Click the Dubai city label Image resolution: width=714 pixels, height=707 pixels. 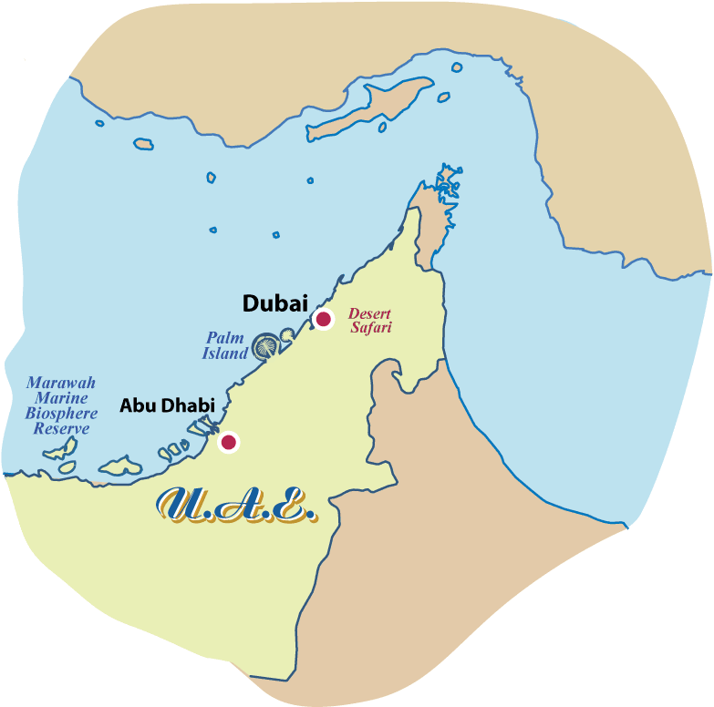[275, 303]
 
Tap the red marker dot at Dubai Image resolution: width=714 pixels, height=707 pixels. [323, 319]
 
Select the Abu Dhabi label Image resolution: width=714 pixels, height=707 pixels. [167, 405]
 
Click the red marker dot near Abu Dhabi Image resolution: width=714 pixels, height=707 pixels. [229, 442]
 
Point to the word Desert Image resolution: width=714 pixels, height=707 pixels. [369, 314]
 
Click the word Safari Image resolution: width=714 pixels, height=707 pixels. [371, 328]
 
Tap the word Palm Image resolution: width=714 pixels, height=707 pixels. [224, 337]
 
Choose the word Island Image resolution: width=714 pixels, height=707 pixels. [224, 353]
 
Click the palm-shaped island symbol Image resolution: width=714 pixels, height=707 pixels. [266, 345]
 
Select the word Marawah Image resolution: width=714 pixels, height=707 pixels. [60, 384]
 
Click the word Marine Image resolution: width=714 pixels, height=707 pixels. [61, 398]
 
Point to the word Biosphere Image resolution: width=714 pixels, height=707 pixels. [61, 414]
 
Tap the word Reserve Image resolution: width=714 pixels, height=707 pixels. [61, 428]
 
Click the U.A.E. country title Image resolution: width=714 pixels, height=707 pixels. [237, 506]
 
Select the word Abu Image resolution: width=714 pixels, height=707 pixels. [136, 405]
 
